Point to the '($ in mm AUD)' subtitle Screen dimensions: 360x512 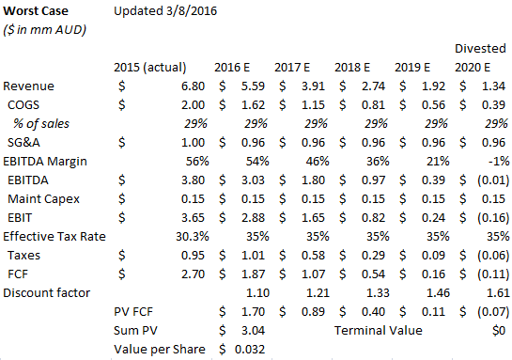point(42,30)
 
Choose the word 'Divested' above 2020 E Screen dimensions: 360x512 point(480,47)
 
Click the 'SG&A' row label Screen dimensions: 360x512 point(24,142)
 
